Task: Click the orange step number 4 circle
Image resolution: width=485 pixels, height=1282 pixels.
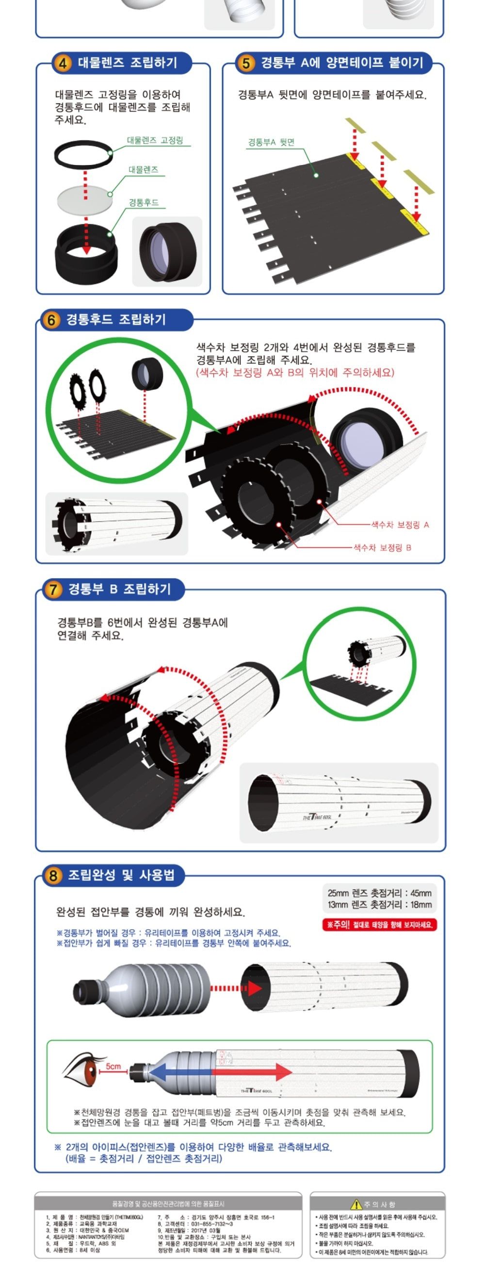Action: [x=63, y=63]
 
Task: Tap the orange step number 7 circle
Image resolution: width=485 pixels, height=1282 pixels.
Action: [x=52, y=589]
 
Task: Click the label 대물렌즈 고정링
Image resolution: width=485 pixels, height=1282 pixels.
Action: [x=155, y=140]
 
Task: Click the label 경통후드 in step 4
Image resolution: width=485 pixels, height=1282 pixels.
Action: [x=143, y=202]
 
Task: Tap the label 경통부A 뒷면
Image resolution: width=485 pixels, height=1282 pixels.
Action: [x=271, y=142]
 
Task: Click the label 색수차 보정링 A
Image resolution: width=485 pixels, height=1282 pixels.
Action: [x=400, y=525]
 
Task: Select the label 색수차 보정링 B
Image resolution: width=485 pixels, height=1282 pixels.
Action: [x=382, y=547]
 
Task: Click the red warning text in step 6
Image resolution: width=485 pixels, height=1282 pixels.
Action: [x=294, y=372]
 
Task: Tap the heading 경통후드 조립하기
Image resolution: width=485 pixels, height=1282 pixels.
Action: [x=116, y=319]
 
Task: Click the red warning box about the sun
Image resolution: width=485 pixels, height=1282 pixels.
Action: [x=380, y=925]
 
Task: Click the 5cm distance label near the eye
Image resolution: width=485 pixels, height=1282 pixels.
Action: [x=113, y=1066]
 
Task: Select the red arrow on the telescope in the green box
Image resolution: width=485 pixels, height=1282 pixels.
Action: [x=254, y=1071]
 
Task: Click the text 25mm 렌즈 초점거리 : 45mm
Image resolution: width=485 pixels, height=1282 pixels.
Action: [x=379, y=893]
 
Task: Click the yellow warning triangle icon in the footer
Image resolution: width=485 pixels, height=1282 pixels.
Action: [x=356, y=1204]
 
